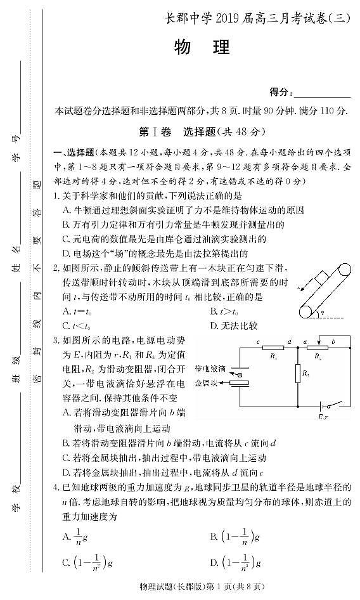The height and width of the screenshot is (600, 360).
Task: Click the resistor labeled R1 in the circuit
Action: pyautogui.click(x=273, y=348)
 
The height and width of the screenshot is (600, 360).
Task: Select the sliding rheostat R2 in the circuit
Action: pyautogui.click(x=318, y=348)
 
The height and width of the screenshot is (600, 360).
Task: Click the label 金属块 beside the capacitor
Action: pyautogui.click(x=207, y=382)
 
